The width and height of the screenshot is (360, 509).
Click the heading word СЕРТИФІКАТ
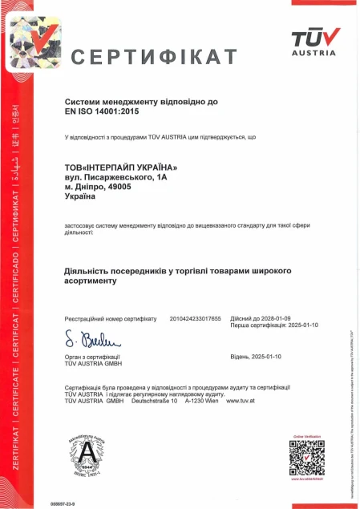click(155, 57)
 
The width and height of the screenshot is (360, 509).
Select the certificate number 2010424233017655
click(195, 318)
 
